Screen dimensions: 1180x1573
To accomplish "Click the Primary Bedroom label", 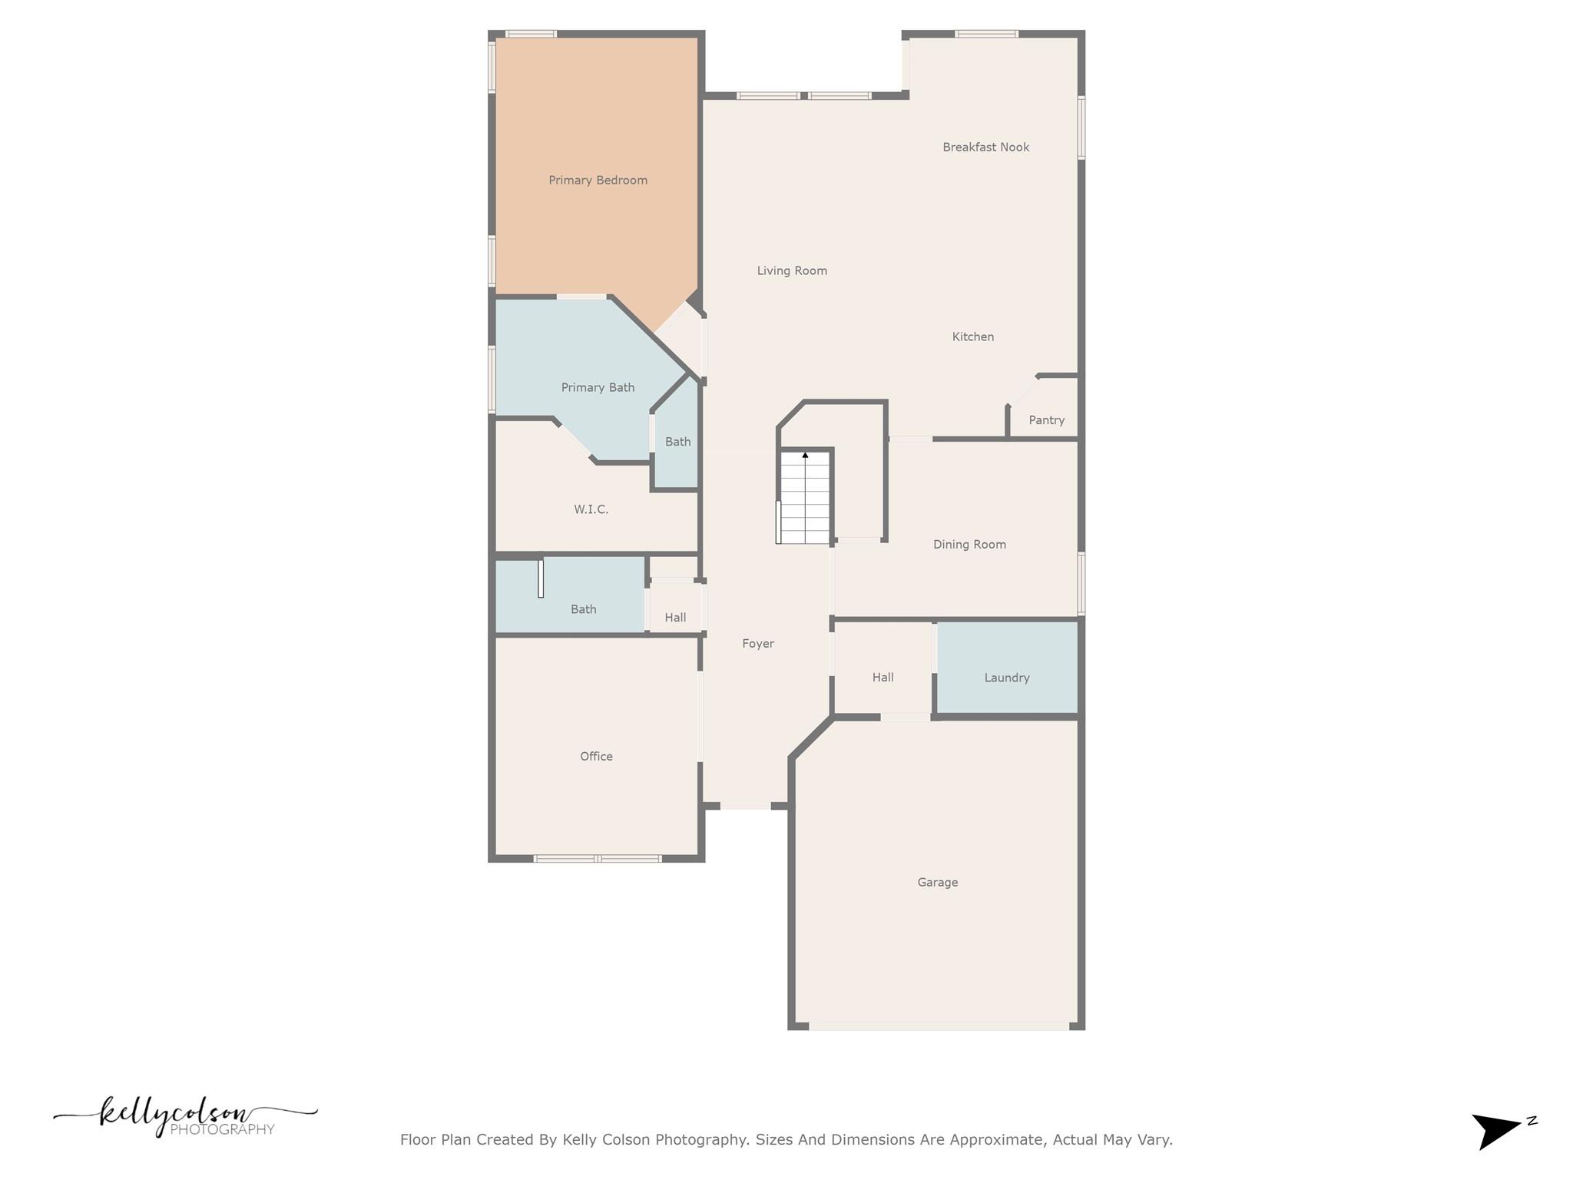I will pyautogui.click(x=598, y=181).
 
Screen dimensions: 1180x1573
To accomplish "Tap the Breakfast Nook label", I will pyautogui.click(x=985, y=147).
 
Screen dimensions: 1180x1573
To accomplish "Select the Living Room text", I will pyautogui.click(x=792, y=270).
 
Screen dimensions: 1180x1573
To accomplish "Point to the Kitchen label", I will pyautogui.click(x=972, y=336).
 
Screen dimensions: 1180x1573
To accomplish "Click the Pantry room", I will pyautogui.click(x=1046, y=419).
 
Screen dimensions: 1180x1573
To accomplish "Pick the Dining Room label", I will pyautogui.click(x=969, y=545).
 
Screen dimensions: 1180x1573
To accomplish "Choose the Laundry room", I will pyautogui.click(x=1006, y=678).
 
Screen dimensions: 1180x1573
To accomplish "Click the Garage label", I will pyautogui.click(x=937, y=883).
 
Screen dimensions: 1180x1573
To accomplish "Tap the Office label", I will pyautogui.click(x=596, y=757).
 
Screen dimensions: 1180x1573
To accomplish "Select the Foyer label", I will pyautogui.click(x=757, y=644).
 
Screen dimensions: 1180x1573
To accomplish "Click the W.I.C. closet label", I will pyautogui.click(x=591, y=509).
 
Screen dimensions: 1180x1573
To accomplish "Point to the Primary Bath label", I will pyautogui.click(x=598, y=388).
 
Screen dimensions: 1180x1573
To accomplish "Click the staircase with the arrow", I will pyautogui.click(x=805, y=498).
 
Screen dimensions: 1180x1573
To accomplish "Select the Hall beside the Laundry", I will pyautogui.click(x=883, y=678).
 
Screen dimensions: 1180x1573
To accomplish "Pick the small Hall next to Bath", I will pyautogui.click(x=675, y=618).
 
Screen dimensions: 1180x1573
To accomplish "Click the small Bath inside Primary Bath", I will pyautogui.click(x=677, y=442).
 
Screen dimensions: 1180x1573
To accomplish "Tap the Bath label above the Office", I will pyautogui.click(x=583, y=609).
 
